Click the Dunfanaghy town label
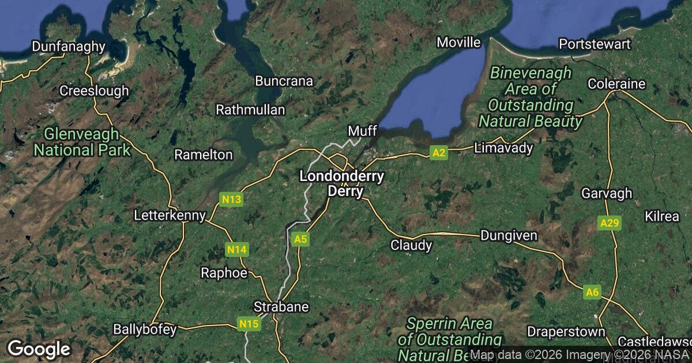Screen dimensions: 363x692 coord(69,47)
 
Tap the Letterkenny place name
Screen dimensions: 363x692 coord(170,216)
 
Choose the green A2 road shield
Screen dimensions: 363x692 coord(439,153)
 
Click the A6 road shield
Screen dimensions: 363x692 coord(592,292)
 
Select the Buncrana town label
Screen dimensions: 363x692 coord(284,81)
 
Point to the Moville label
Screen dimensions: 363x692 coord(458,43)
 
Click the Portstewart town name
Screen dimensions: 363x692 coord(595,44)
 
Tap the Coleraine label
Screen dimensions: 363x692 coord(616,84)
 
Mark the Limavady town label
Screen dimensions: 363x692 coord(503,148)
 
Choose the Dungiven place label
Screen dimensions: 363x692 coord(509,236)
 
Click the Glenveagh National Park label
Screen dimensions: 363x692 coord(82,142)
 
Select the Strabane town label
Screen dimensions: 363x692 coord(282,307)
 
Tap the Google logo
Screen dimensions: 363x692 coord(39,349)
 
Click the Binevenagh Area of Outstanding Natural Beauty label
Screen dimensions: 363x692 coord(530,97)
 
